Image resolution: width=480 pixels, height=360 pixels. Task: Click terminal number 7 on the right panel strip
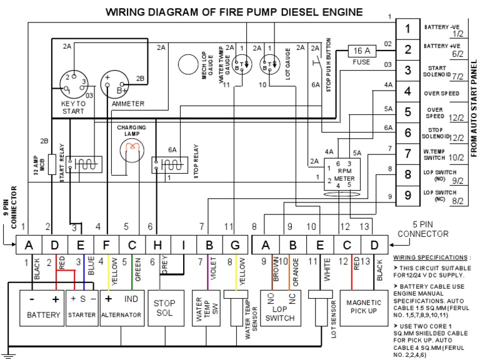pyautogui.click(x=407, y=154)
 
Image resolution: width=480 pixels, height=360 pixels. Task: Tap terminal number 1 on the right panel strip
pyautogui.click(x=407, y=29)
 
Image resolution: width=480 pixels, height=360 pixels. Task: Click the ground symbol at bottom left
pyautogui.click(x=8, y=354)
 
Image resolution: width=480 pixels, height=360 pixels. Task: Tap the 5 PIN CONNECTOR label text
pyautogui.click(x=423, y=229)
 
